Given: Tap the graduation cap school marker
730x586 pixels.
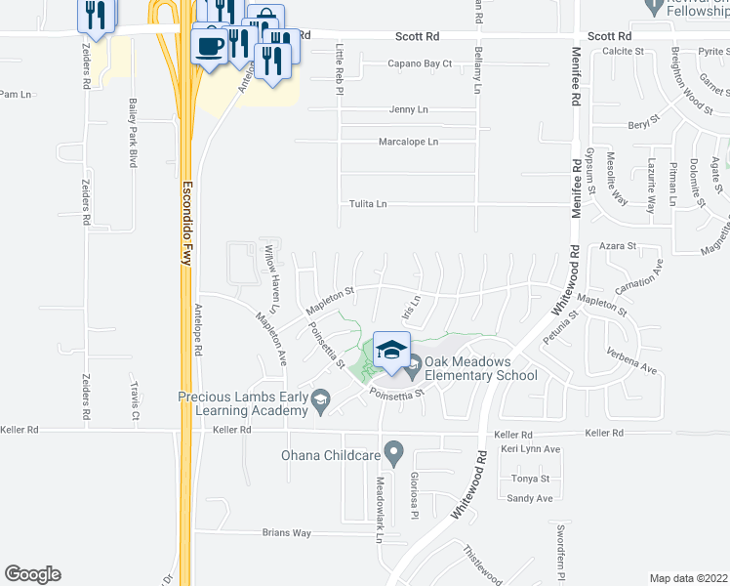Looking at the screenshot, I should pos(390,351).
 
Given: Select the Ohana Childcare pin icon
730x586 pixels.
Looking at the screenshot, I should pos(393,453).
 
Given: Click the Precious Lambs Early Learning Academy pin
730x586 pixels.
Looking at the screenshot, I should pos(319,399).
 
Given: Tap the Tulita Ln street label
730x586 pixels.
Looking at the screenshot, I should pos(368,204).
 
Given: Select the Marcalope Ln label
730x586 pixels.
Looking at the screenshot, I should pos(408,142).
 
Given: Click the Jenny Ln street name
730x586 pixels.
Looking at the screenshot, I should pos(408,110).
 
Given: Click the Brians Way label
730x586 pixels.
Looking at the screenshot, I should pos(286,533).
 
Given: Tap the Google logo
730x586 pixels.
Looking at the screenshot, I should pos(32,574).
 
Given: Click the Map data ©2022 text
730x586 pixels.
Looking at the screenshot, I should pos(688,578).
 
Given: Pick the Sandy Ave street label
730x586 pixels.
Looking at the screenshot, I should pos(531,498).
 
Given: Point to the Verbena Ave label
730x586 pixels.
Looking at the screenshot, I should pos(630,358).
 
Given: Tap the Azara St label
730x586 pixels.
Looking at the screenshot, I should pos(618,247).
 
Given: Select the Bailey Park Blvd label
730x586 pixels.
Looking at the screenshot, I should pos(132,133).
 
